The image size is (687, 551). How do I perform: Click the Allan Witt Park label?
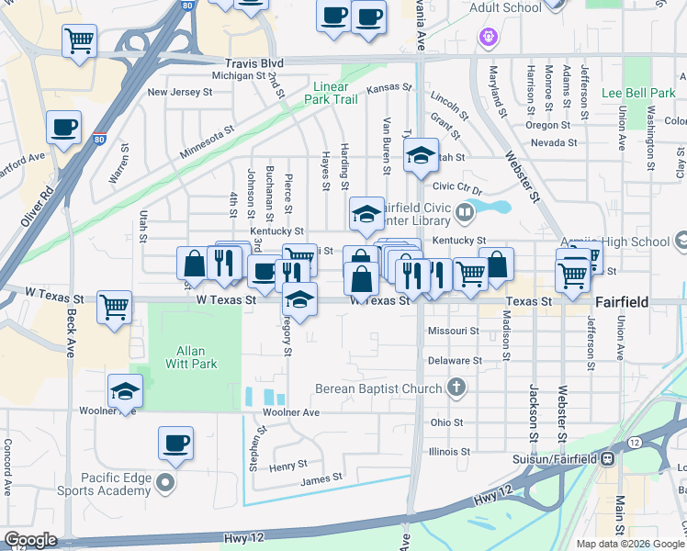tap(190, 358)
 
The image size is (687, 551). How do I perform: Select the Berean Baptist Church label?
tap(378, 388)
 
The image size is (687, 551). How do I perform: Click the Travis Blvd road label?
tap(253, 62)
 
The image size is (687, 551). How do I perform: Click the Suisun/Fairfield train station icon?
tap(607, 458)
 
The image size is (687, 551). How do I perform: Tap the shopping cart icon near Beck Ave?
tap(115, 307)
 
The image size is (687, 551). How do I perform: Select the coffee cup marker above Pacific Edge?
tap(175, 443)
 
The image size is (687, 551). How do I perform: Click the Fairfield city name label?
tap(623, 301)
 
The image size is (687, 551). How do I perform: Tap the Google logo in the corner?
tap(30, 540)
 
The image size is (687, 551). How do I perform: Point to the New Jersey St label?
tap(179, 92)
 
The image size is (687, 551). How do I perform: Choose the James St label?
tap(321, 478)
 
